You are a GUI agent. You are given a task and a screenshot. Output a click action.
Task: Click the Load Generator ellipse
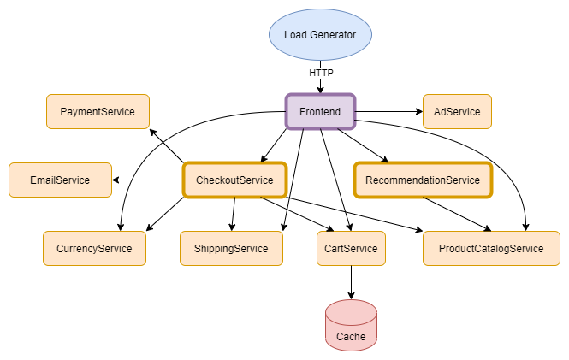[x=320, y=35]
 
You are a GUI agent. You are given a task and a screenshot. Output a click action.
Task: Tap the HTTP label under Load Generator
[x=321, y=74]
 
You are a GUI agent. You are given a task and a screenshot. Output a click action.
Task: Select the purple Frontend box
[x=320, y=111]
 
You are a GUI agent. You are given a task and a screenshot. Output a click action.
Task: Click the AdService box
[x=457, y=111]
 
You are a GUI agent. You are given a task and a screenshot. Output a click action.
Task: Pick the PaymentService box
[x=98, y=111]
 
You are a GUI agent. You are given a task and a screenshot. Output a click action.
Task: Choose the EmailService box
[x=60, y=180]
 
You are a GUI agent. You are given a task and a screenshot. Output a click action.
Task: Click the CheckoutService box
[x=234, y=180]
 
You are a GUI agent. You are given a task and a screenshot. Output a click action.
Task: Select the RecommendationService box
[x=423, y=180]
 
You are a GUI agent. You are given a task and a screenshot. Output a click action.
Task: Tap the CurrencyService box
[x=94, y=248]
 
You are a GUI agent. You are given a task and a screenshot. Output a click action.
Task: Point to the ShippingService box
[x=231, y=248]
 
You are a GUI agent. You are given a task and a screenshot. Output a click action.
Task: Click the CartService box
[x=351, y=248]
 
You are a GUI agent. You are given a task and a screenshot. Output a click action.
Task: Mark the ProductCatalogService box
[x=491, y=248]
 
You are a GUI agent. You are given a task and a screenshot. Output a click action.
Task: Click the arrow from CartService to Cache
[x=351, y=282]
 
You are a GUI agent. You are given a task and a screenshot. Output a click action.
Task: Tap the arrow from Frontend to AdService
[x=388, y=111]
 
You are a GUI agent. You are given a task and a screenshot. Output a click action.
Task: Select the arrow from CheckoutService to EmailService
[x=149, y=180]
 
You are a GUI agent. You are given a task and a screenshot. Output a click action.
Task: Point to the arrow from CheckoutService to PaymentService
[x=168, y=146]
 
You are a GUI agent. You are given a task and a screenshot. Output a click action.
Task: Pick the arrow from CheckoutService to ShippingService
[x=233, y=214]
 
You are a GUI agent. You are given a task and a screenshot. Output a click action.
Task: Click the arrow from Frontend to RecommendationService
[x=364, y=145]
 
